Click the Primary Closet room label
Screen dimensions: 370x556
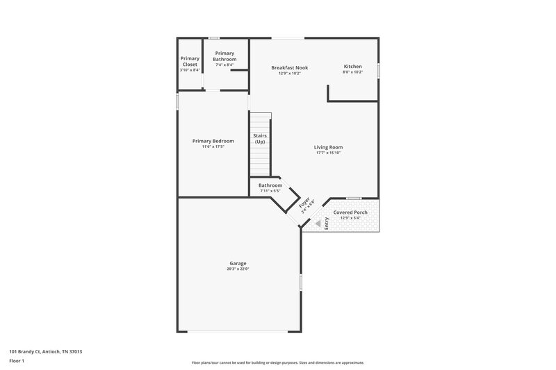[189, 61]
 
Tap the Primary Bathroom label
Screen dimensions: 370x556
[224, 56]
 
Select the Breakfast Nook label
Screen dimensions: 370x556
[289, 67]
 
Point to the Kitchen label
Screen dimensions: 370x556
[352, 67]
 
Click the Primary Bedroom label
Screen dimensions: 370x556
[213, 141]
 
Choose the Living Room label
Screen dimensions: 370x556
[328, 146]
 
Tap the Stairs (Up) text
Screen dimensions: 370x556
[259, 139]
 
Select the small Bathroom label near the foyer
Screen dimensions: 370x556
[270, 185]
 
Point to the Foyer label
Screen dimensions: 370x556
[305, 204]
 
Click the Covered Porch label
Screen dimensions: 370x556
[350, 212]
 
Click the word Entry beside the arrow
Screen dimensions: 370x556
[326, 224]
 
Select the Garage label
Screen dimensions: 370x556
[238, 263]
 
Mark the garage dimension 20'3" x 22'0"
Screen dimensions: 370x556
[238, 269]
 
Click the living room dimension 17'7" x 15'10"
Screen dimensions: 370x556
[328, 153]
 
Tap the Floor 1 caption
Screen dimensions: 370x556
[17, 361]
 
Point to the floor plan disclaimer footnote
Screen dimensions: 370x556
[277, 362]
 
